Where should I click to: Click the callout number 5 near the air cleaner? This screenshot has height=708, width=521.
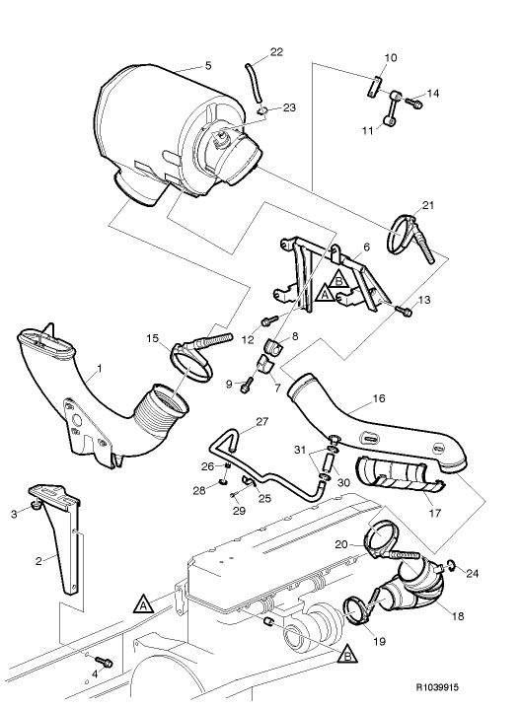pos(207,66)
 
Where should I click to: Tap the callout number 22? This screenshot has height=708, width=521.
pos(276,50)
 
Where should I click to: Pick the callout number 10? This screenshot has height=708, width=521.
pos(391,58)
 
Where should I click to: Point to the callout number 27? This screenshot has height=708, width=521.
pos(261,422)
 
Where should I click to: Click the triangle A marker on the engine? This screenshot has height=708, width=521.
pos(144,600)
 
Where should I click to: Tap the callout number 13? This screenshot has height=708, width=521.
pos(425,299)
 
